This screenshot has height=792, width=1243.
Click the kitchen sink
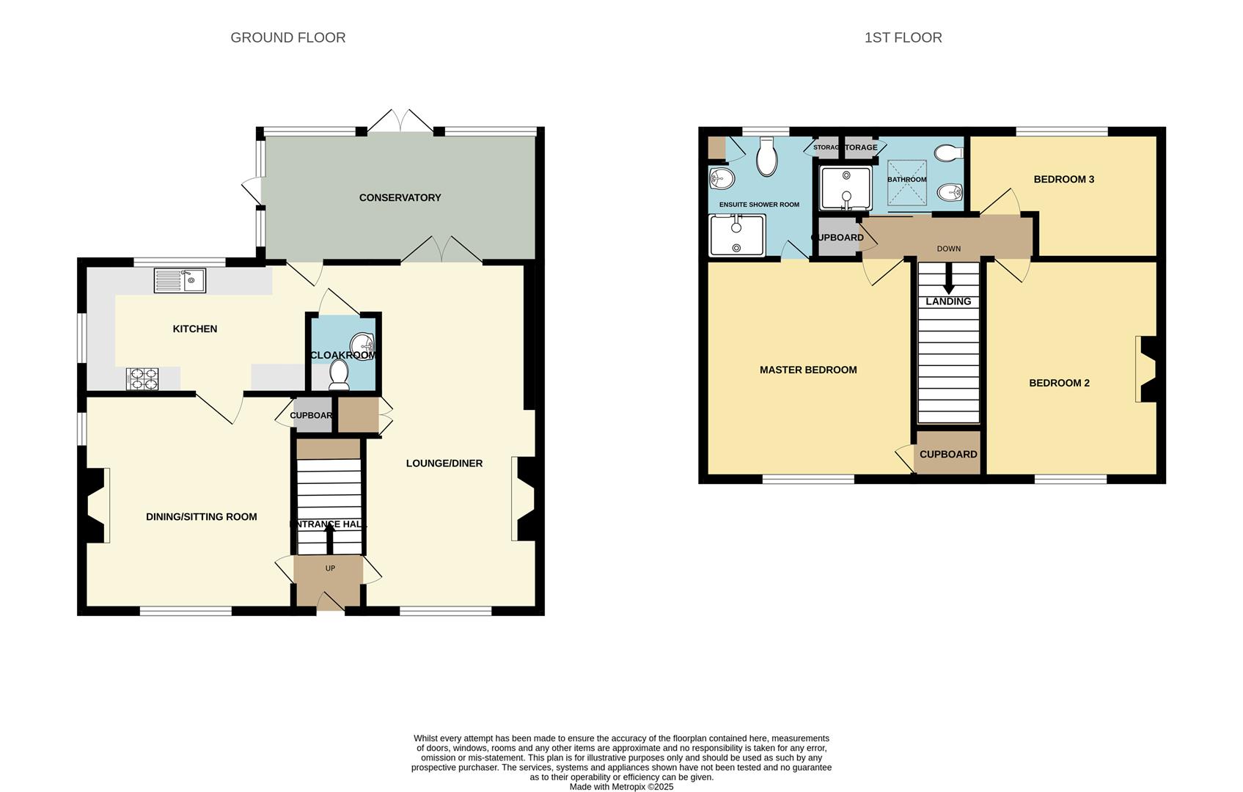pos(180,280)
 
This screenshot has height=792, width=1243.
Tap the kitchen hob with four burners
pos(142,378)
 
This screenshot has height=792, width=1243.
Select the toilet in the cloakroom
pos(339,374)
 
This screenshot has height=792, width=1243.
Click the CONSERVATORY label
pos(400,197)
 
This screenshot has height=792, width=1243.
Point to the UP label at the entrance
pos(330,568)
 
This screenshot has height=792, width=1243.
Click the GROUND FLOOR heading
pos(287,37)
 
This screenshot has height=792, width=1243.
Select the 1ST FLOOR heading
pos(903,37)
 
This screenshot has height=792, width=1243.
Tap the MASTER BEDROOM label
pos(808,370)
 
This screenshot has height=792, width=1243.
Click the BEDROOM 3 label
pos(1063,179)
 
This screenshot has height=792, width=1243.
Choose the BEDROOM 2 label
pos(1059,383)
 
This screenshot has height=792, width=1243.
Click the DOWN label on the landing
pos(948,249)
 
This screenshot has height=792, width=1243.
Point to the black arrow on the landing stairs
pos(948,280)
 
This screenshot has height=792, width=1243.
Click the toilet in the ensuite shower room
pos(766,158)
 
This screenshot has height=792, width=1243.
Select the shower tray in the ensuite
pos(737,235)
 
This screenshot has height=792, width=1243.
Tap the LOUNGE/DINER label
pos(444,463)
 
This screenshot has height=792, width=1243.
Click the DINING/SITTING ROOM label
pos(201,516)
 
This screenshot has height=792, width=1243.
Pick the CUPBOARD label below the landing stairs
pos(948,454)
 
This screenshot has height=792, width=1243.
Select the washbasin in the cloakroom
pos(363,343)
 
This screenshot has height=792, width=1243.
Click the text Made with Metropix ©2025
pos(621,787)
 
